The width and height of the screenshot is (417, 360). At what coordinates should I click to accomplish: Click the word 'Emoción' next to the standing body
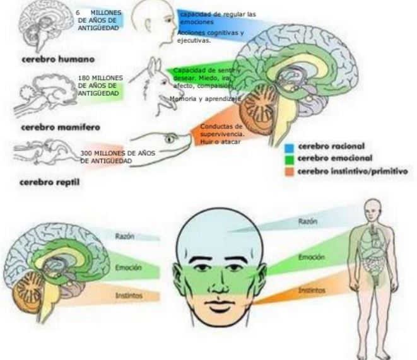coord(311,257)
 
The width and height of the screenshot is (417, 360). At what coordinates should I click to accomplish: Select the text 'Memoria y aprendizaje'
coord(204,99)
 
